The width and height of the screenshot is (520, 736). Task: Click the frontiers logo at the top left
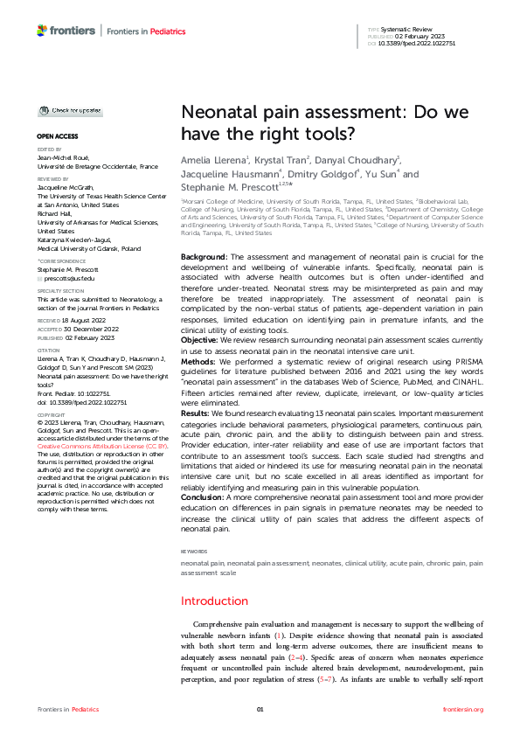[x=66, y=31]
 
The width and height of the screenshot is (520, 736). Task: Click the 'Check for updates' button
[x=69, y=111]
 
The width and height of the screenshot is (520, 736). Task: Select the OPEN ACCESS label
[x=57, y=137]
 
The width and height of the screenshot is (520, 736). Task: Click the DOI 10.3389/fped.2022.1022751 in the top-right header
[x=413, y=42]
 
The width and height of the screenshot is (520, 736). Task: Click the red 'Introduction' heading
[x=214, y=601]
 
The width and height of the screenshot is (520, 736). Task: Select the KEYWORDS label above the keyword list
[x=194, y=552]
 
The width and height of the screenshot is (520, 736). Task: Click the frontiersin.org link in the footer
[x=463, y=709]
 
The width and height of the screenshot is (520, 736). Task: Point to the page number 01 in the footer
[x=260, y=709]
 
